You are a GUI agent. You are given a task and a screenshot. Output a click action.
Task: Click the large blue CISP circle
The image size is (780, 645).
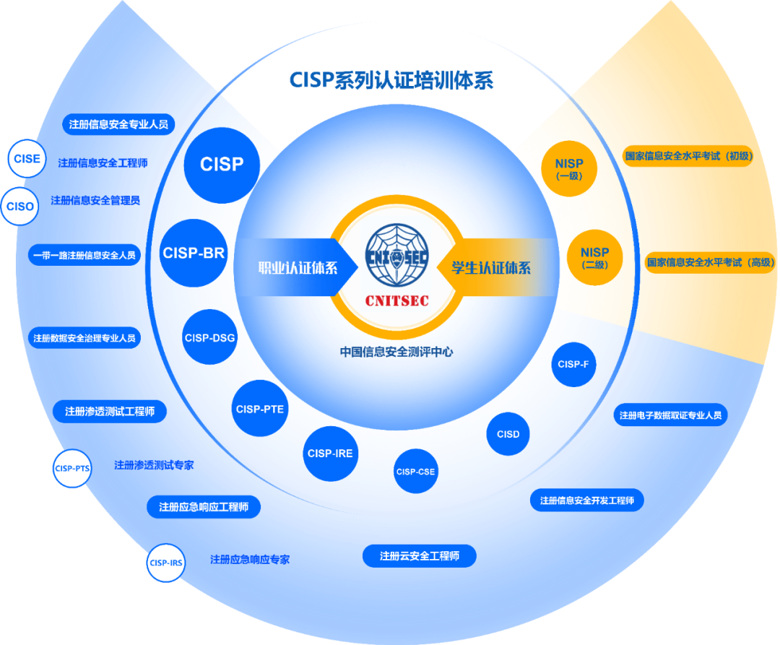(x=222, y=165)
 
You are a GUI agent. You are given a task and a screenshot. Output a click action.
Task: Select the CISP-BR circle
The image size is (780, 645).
(x=194, y=254)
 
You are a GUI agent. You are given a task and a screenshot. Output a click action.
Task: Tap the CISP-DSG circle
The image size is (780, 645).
(x=209, y=337)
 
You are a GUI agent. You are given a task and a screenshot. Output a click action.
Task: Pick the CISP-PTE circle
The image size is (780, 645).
(x=260, y=409)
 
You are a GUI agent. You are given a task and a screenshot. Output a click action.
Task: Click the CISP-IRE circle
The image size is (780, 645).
(x=330, y=454)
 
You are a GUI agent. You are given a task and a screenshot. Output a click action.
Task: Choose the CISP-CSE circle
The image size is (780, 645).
(x=415, y=472)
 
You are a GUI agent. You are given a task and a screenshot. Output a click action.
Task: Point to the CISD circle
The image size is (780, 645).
(x=508, y=434)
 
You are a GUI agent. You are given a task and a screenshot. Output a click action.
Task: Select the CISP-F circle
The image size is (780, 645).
(x=573, y=364)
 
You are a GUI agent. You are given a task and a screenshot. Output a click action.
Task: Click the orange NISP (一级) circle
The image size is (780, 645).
(x=569, y=168)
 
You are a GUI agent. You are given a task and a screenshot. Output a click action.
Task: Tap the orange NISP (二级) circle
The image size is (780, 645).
(x=594, y=257)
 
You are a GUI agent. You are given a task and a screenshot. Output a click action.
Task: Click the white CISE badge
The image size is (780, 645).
(x=27, y=159)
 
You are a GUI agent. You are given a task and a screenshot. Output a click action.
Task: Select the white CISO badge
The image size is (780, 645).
(x=20, y=207)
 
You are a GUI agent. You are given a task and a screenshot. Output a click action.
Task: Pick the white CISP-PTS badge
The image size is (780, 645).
(x=72, y=468)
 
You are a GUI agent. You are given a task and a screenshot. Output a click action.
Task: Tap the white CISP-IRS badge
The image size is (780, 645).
(x=165, y=563)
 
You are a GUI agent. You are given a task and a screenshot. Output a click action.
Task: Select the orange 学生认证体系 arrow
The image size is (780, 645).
(x=492, y=267)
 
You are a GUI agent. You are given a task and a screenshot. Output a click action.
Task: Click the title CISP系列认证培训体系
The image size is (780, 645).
(x=391, y=80)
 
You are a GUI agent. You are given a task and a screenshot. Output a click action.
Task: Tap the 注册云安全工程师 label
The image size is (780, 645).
(x=419, y=556)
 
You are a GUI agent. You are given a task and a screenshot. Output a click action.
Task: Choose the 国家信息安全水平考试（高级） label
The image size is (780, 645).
(x=711, y=262)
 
